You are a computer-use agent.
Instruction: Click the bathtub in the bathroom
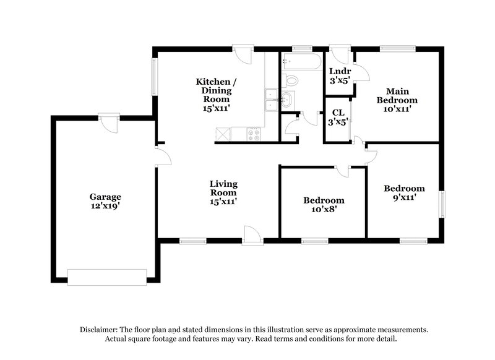[301, 61]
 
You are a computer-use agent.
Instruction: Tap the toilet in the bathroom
[290, 80]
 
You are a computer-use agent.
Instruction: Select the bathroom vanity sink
[287, 100]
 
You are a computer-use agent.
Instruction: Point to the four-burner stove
[254, 134]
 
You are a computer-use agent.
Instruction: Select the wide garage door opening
[107, 277]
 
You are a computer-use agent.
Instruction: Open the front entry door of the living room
[252, 235]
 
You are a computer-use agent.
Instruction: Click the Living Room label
[223, 188]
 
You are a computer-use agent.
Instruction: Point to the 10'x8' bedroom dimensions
[324, 210]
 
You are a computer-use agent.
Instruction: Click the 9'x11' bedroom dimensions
[404, 198]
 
